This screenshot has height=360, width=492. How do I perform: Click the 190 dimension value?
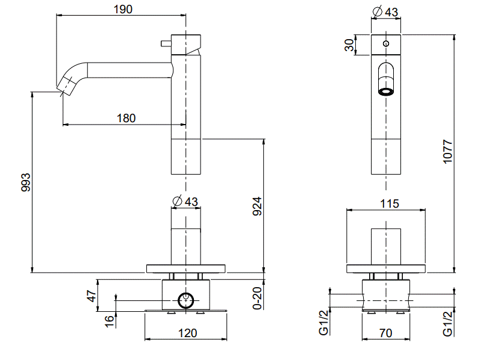click(123, 9)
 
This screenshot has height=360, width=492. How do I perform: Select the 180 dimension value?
click(125, 118)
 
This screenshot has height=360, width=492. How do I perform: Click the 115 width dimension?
click(390, 204)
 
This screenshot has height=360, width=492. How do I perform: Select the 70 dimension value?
click(386, 332)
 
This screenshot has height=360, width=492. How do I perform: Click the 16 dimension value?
click(108, 321)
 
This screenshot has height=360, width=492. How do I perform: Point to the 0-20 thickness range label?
click(257, 298)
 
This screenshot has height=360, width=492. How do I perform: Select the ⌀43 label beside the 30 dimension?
click(385, 11)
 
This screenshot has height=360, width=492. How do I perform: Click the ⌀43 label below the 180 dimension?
click(185, 200)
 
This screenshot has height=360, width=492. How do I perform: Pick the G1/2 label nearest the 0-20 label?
click(324, 322)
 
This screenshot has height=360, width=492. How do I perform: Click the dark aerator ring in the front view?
click(385, 92)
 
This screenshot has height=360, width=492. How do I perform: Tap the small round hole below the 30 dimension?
click(385, 43)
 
